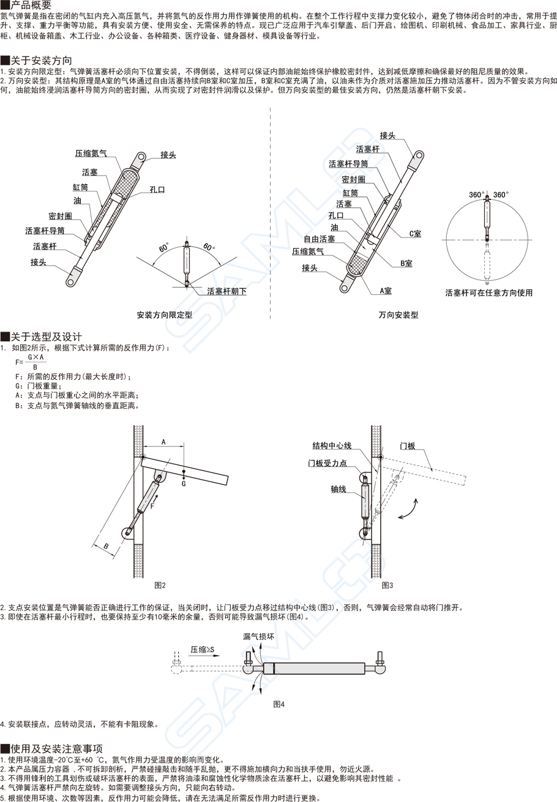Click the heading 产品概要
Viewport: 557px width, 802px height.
(30, 6)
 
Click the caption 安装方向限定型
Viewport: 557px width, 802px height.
(165, 316)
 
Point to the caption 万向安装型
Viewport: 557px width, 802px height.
(398, 316)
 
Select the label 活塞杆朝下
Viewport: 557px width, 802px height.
(226, 292)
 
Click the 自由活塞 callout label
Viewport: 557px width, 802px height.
(320, 239)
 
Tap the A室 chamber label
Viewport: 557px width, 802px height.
(386, 291)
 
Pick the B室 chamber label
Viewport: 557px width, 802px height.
(406, 263)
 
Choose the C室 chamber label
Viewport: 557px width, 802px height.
(415, 234)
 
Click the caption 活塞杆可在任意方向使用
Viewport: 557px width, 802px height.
(489, 293)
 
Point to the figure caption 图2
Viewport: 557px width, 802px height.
(160, 585)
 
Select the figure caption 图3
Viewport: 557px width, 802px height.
(387, 585)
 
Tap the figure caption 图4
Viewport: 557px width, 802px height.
(279, 704)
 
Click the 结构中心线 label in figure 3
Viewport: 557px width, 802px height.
(333, 445)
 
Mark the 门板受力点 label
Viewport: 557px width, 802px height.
(345, 463)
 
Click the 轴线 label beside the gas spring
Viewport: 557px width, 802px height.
(338, 489)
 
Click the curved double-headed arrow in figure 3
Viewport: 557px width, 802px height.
(409, 509)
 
